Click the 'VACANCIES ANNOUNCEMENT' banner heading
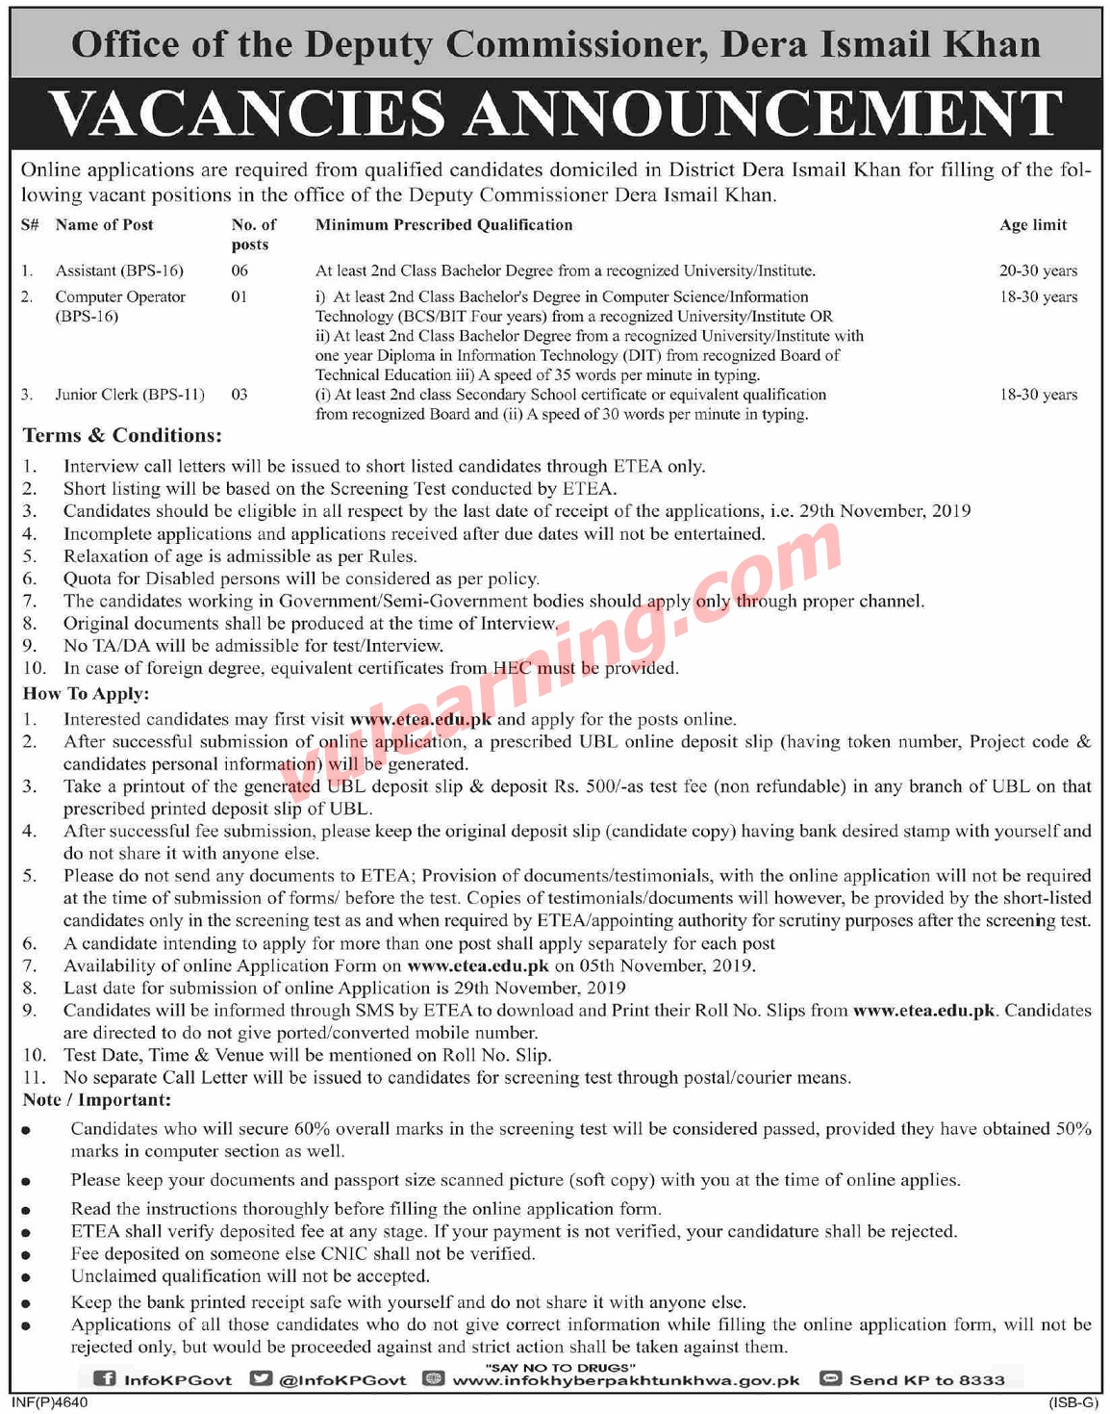click(555, 114)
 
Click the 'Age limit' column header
click(1033, 225)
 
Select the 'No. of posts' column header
click(253, 234)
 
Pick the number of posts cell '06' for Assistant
click(240, 271)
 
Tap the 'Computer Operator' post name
click(120, 297)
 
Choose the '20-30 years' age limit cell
click(1038, 271)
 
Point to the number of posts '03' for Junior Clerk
click(240, 395)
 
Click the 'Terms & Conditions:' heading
click(122, 436)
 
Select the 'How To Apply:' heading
click(87, 694)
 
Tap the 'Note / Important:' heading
click(97, 1100)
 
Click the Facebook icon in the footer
click(103, 1379)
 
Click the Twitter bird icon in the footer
click(261, 1379)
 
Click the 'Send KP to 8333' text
click(926, 1380)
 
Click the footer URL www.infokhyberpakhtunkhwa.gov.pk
click(626, 1380)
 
